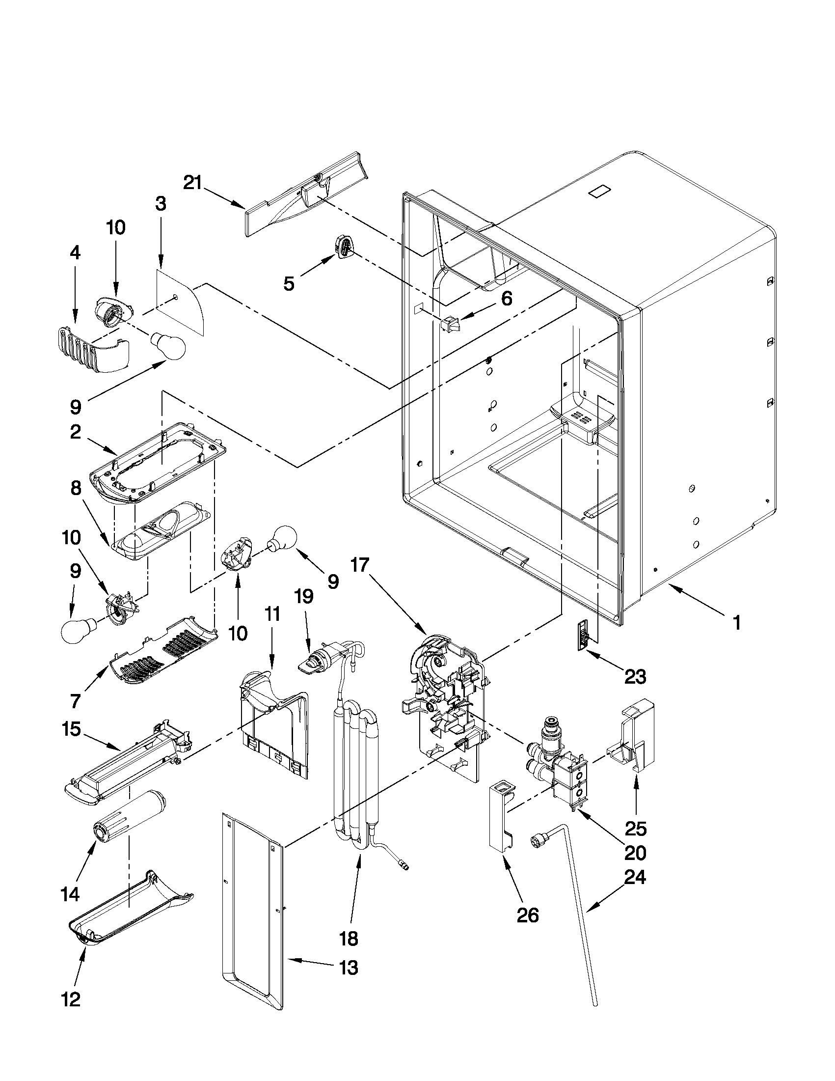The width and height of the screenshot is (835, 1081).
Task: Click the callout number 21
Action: point(192,183)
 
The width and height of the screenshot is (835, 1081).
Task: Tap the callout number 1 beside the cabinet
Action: point(736,622)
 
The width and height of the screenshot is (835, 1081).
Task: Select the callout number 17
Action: point(360,564)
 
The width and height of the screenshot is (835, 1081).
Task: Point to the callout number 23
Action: point(635,676)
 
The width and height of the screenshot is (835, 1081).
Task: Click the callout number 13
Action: point(349,967)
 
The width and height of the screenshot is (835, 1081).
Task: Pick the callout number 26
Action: point(527,915)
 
